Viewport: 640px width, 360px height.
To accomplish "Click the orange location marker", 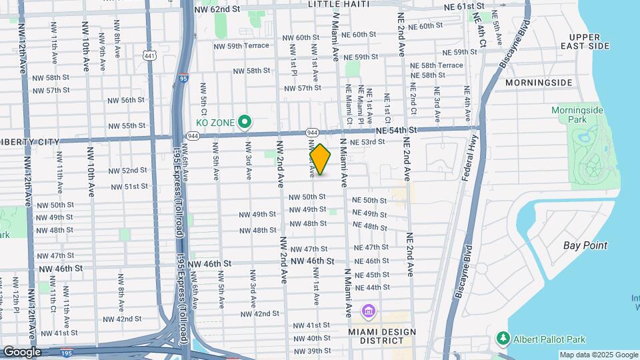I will [x=320, y=159].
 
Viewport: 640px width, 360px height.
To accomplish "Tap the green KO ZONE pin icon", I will [x=245, y=121].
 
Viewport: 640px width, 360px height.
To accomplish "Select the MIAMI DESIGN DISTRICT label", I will [x=382, y=337].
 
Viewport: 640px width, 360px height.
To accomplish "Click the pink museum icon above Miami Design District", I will [x=368, y=311].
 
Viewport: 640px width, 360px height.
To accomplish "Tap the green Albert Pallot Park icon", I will [x=503, y=339].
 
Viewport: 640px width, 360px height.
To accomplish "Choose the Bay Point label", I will [x=585, y=245].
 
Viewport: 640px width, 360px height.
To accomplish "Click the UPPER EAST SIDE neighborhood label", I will [x=589, y=41].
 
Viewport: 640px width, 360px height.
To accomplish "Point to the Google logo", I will [x=21, y=352].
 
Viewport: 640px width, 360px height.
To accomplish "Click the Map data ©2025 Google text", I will [x=598, y=355].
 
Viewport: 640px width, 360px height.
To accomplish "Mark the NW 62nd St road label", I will [x=217, y=9].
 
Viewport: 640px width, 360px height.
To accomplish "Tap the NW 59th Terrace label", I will [x=241, y=45].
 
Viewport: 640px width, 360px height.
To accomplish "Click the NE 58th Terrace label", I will [x=436, y=65].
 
